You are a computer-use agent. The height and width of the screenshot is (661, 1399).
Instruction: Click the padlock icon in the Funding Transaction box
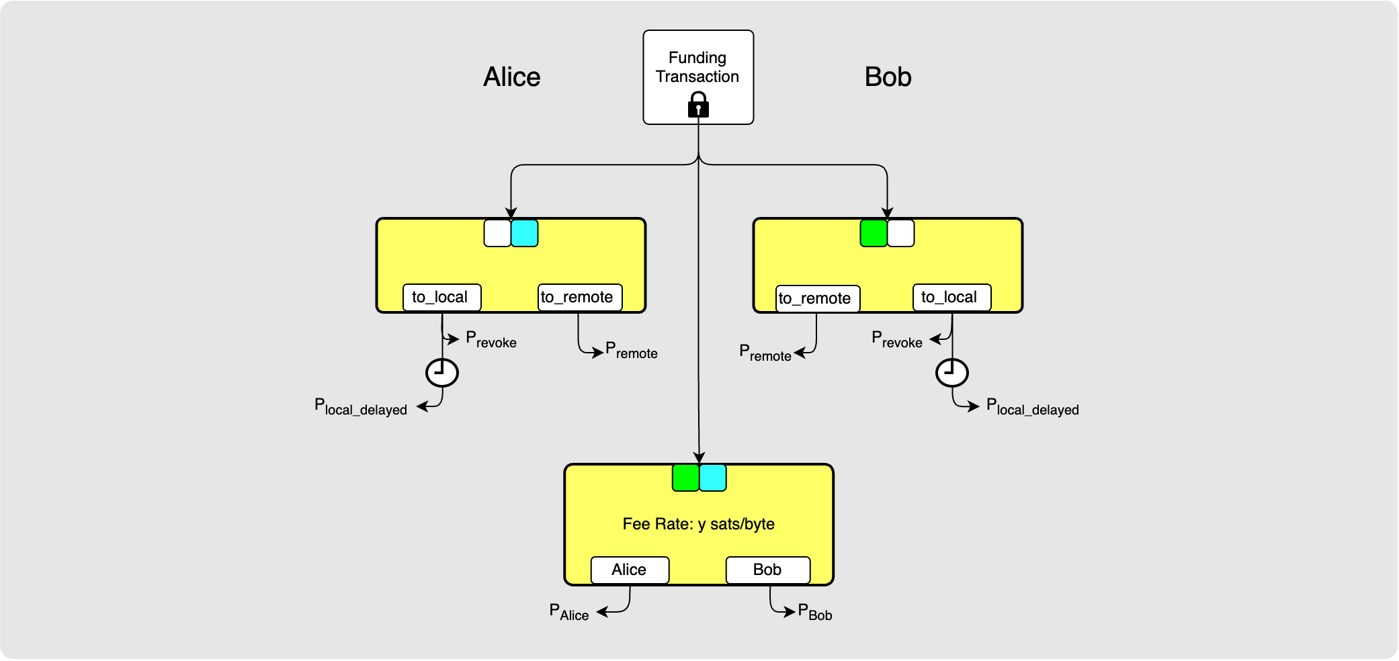click(x=698, y=105)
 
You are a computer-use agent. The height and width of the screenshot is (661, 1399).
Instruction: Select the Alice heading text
click(x=511, y=77)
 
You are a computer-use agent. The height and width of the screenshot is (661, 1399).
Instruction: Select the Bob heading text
click(x=888, y=77)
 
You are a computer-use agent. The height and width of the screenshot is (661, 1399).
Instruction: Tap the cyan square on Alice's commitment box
click(x=525, y=233)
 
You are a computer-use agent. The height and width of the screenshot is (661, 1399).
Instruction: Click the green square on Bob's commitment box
click(x=874, y=233)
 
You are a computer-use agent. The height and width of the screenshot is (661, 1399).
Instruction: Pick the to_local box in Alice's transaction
click(x=441, y=298)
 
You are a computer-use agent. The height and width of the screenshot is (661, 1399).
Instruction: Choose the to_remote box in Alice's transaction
click(x=580, y=298)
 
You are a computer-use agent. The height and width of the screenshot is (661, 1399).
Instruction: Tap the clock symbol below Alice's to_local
click(x=442, y=373)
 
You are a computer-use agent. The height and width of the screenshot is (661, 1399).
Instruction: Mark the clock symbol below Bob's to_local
click(x=952, y=373)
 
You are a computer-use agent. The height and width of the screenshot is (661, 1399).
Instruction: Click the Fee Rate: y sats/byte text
click(x=698, y=524)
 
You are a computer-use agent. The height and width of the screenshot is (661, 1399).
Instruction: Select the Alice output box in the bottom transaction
click(x=630, y=570)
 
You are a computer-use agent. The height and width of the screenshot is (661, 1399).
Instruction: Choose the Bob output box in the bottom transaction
click(x=767, y=570)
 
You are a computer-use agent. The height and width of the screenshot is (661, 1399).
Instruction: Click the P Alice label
click(x=568, y=612)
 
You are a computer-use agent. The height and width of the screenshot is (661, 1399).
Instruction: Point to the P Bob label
click(x=815, y=612)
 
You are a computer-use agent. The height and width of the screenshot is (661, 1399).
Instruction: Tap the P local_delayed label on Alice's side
click(x=361, y=407)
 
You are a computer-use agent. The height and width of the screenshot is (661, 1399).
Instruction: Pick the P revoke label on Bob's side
click(x=896, y=340)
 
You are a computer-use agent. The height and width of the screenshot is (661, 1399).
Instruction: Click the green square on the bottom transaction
click(x=685, y=478)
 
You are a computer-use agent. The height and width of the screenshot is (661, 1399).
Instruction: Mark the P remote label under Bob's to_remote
click(x=765, y=353)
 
